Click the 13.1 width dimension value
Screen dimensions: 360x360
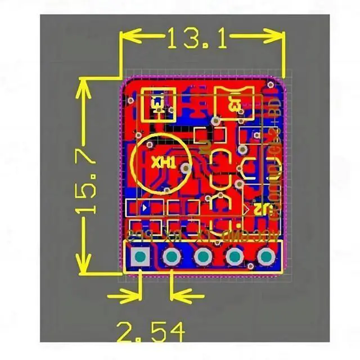196,38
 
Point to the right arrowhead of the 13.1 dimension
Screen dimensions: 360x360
276,38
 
